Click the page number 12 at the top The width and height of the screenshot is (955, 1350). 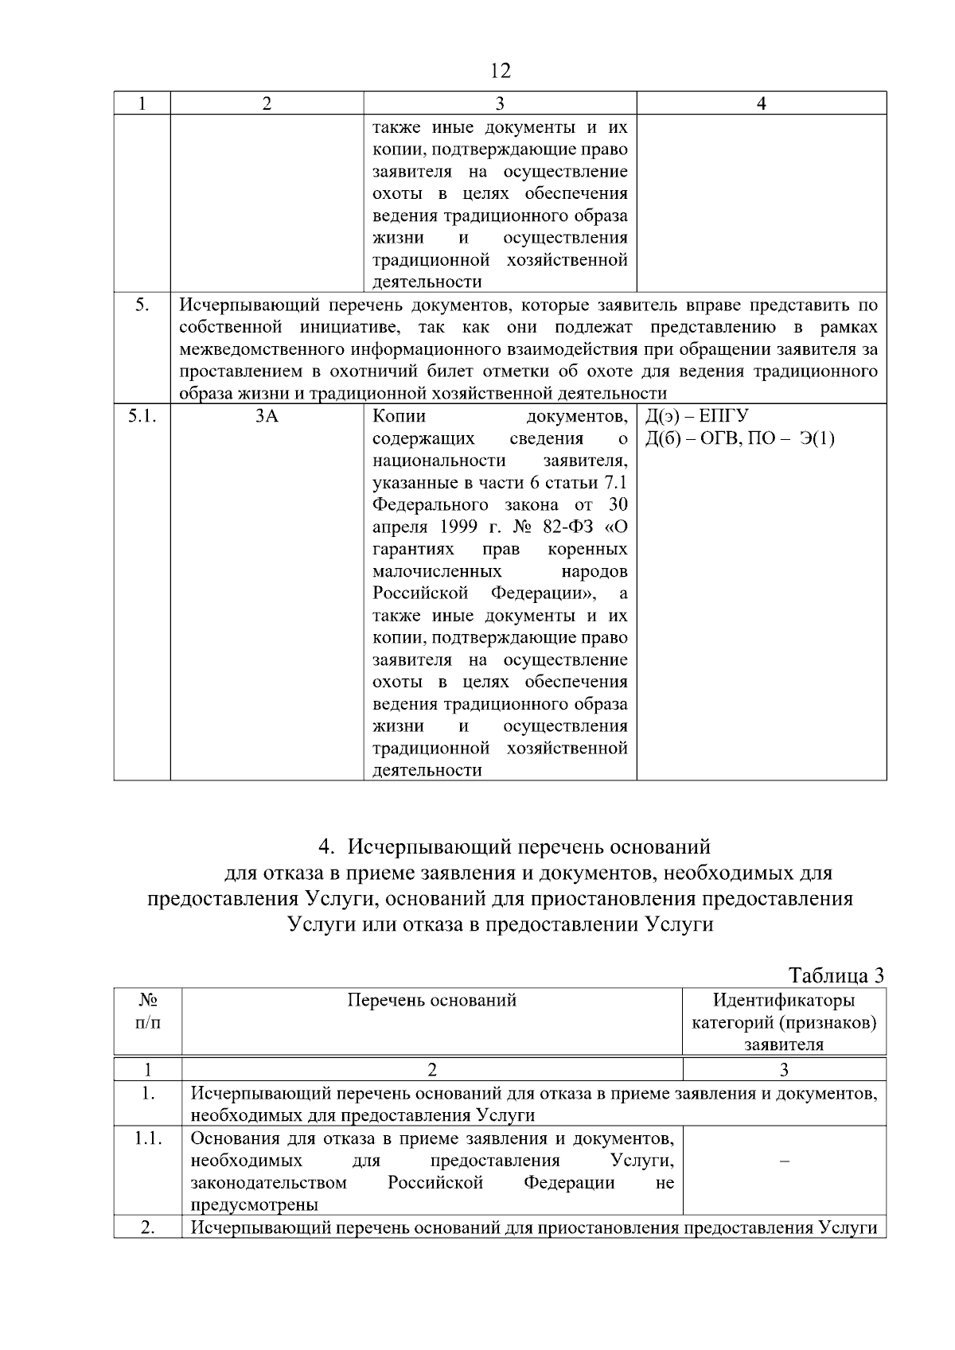(501, 72)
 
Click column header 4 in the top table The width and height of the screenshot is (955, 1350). (761, 103)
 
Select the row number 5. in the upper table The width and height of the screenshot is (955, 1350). (142, 305)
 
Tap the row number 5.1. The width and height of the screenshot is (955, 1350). (142, 416)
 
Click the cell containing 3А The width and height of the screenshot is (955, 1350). (267, 416)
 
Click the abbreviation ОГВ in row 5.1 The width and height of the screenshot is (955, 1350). (719, 438)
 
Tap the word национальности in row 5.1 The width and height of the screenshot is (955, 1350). (439, 461)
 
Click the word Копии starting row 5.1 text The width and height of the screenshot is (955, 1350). (399, 416)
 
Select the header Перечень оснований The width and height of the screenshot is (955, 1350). (431, 1000)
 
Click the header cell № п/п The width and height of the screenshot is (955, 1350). (148, 1011)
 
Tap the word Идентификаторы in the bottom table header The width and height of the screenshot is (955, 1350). (784, 1000)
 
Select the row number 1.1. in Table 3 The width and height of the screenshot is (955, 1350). (148, 1138)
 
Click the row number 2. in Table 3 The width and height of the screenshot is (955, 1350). (148, 1227)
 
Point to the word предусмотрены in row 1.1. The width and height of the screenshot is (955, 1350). (254, 1204)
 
